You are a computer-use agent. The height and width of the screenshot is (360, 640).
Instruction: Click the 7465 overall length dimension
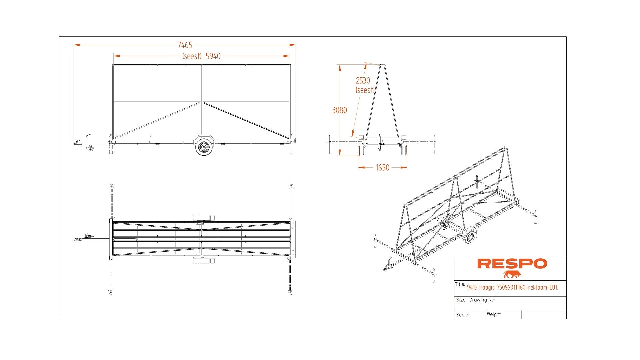click(x=185, y=45)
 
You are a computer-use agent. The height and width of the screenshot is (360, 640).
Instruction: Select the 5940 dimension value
click(x=213, y=56)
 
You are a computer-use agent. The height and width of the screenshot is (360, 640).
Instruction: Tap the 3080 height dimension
click(x=339, y=110)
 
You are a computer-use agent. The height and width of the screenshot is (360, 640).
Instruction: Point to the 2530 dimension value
click(x=363, y=81)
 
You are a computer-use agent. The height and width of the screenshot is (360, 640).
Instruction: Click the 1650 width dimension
click(x=382, y=168)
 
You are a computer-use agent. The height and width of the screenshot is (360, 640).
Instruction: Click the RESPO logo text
click(x=512, y=264)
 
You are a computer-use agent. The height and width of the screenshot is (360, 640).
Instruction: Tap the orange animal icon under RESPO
click(x=512, y=275)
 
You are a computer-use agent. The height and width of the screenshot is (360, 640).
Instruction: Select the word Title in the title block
click(x=460, y=284)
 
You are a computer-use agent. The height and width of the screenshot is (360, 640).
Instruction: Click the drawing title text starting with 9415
click(x=512, y=287)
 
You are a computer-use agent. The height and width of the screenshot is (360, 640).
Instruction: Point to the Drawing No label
click(x=482, y=300)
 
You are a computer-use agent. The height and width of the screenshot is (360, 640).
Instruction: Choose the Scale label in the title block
click(x=462, y=315)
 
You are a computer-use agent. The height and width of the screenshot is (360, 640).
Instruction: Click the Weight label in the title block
click(x=494, y=314)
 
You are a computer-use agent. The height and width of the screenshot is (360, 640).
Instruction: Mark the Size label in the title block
click(x=461, y=300)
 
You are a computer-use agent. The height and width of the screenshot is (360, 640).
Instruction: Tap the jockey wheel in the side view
click(x=90, y=148)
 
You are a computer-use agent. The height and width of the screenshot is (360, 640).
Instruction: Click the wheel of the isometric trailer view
click(x=470, y=237)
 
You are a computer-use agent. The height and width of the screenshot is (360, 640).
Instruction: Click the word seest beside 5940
click(x=192, y=56)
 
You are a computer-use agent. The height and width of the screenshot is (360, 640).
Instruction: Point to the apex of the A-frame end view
click(x=381, y=65)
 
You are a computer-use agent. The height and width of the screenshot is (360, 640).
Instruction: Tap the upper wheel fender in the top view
click(x=204, y=218)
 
